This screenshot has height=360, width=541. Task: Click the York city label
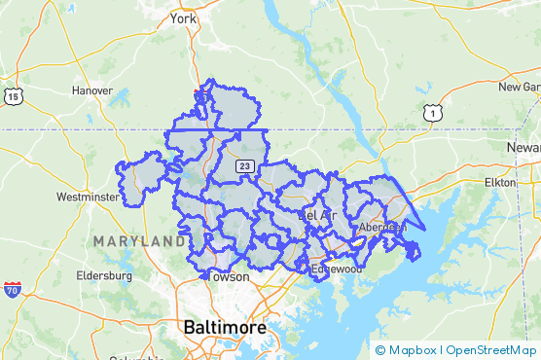[x=183, y=18]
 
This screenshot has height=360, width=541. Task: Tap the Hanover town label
[x=93, y=90]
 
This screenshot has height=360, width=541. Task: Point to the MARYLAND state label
[x=132, y=240]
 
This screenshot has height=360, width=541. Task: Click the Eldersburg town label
[x=103, y=275]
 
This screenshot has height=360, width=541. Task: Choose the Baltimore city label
[x=225, y=328]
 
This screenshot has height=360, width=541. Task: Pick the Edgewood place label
[x=337, y=268]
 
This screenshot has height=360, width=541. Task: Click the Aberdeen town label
[x=381, y=227]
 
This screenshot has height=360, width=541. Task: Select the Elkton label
[x=505, y=182]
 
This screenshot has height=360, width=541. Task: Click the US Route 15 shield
[x=13, y=95]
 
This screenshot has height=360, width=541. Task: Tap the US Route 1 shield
[x=430, y=114]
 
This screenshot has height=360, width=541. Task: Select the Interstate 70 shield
[x=13, y=289]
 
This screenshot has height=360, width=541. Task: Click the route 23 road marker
[x=245, y=165]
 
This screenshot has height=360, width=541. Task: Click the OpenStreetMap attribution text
[x=490, y=350]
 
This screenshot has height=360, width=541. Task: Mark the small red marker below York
[x=196, y=94]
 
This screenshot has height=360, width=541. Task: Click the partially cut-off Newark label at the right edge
[x=523, y=146]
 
